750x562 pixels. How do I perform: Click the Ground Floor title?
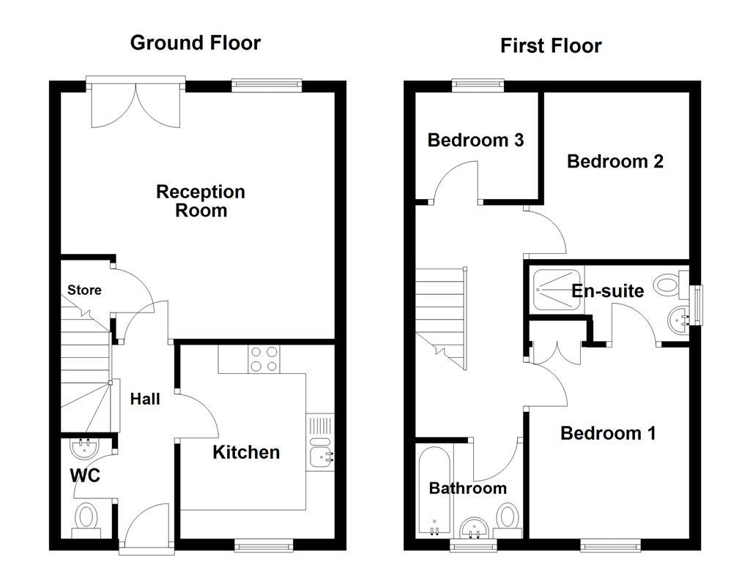[195, 42]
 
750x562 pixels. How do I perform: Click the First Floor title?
[551, 45]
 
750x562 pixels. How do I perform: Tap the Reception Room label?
[201, 201]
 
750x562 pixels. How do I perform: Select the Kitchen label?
[246, 452]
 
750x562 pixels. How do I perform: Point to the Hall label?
[145, 399]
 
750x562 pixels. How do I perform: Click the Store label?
[84, 290]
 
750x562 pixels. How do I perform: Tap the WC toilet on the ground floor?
[85, 518]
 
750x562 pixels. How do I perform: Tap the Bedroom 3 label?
[475, 140]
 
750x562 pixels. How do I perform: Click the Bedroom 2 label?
[615, 161]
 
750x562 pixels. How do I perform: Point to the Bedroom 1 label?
[608, 433]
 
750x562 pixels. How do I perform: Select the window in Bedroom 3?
[478, 85]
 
